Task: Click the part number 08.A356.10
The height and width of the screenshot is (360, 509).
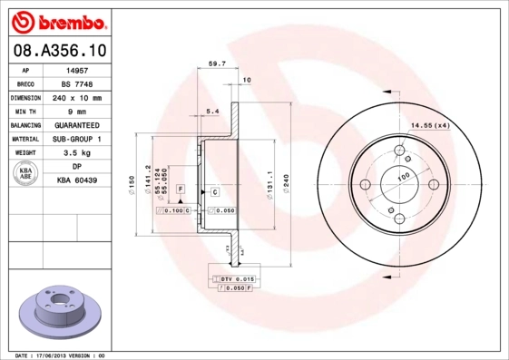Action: (57, 50)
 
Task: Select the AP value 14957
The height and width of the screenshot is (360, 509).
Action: (77, 69)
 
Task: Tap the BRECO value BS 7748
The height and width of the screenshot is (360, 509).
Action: (77, 83)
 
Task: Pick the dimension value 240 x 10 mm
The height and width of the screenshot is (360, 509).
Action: (77, 97)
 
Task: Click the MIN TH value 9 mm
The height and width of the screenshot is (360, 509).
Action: (77, 111)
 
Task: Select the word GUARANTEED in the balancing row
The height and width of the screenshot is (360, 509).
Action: (77, 125)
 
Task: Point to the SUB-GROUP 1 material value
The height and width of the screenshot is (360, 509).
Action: (77, 139)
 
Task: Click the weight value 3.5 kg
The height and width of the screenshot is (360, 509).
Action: (77, 153)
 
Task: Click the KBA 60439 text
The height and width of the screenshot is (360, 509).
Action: (77, 181)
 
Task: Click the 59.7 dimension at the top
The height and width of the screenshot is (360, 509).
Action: (217, 65)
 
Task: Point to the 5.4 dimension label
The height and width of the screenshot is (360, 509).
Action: (214, 111)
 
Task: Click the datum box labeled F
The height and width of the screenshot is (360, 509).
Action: (181, 188)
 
